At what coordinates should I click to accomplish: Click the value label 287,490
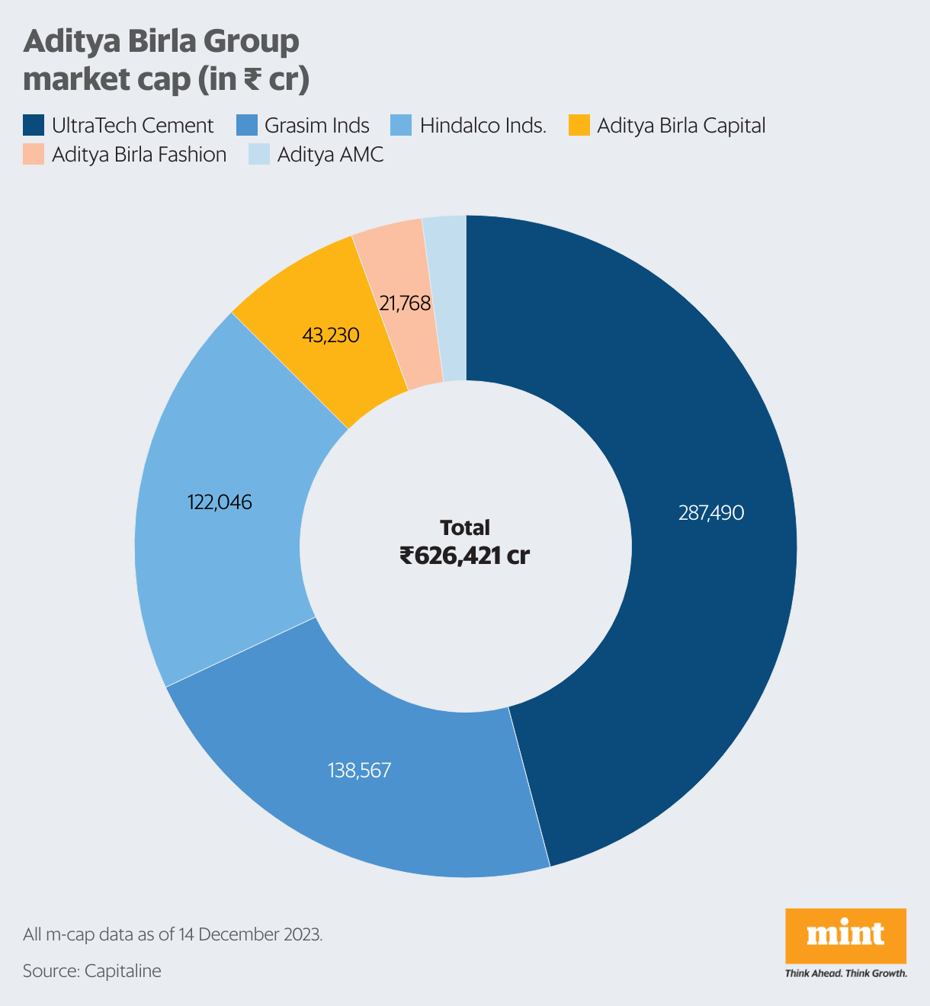click(710, 513)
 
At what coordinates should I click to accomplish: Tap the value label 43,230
click(331, 335)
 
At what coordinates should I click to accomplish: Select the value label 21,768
click(406, 303)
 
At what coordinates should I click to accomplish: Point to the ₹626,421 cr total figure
click(465, 556)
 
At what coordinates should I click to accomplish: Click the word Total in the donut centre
click(465, 527)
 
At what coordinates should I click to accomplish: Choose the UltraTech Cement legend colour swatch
click(34, 125)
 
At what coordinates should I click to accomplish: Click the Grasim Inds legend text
click(317, 126)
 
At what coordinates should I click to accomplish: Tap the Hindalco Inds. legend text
click(483, 126)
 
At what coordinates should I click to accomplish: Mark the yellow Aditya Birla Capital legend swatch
click(580, 125)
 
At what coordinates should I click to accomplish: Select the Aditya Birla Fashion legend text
click(139, 155)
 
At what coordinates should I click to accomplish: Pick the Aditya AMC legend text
click(330, 155)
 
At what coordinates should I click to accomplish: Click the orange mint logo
click(845, 935)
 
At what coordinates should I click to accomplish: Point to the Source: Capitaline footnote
click(92, 971)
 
